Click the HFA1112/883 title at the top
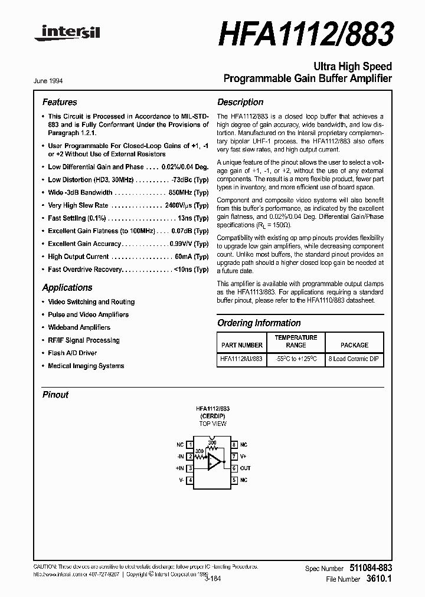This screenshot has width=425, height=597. (x=305, y=34)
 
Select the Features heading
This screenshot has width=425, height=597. (x=60, y=102)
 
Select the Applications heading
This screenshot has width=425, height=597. (x=67, y=288)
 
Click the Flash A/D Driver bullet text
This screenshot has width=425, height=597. (x=72, y=353)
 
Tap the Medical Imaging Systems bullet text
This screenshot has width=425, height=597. (x=86, y=366)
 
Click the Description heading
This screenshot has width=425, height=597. (x=240, y=102)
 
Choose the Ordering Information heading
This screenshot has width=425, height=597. (x=259, y=323)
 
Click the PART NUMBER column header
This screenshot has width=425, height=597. (x=242, y=345)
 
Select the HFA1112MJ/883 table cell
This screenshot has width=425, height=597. (x=242, y=359)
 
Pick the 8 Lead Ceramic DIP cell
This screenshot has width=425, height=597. (x=354, y=359)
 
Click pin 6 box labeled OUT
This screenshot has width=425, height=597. (x=234, y=468)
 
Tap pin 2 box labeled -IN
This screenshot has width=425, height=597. (x=190, y=457)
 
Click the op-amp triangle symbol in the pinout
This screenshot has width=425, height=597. (x=215, y=462)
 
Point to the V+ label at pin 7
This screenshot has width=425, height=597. (x=244, y=457)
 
